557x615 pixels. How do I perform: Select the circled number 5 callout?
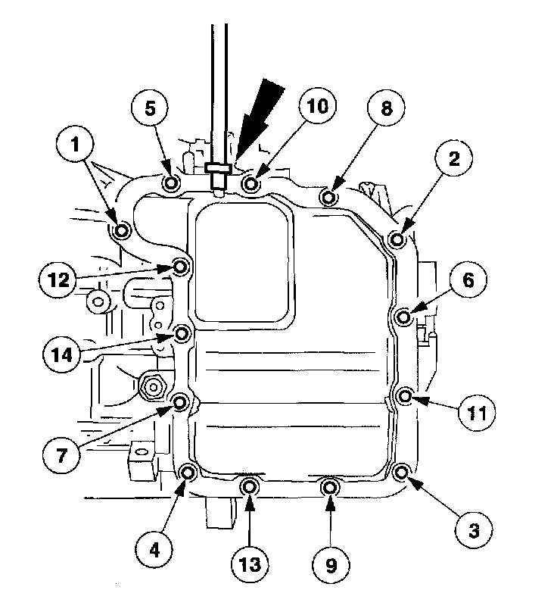coord(151,108)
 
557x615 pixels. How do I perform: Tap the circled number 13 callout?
coord(250,564)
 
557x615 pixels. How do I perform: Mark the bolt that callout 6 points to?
coord(403,315)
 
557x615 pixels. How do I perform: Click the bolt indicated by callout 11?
coord(406,395)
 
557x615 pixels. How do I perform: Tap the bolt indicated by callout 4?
coord(188,474)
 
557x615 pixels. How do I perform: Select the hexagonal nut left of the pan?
coord(154,386)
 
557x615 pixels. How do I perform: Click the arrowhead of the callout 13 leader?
coord(250,502)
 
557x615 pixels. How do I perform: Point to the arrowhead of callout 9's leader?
coord(330,502)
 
